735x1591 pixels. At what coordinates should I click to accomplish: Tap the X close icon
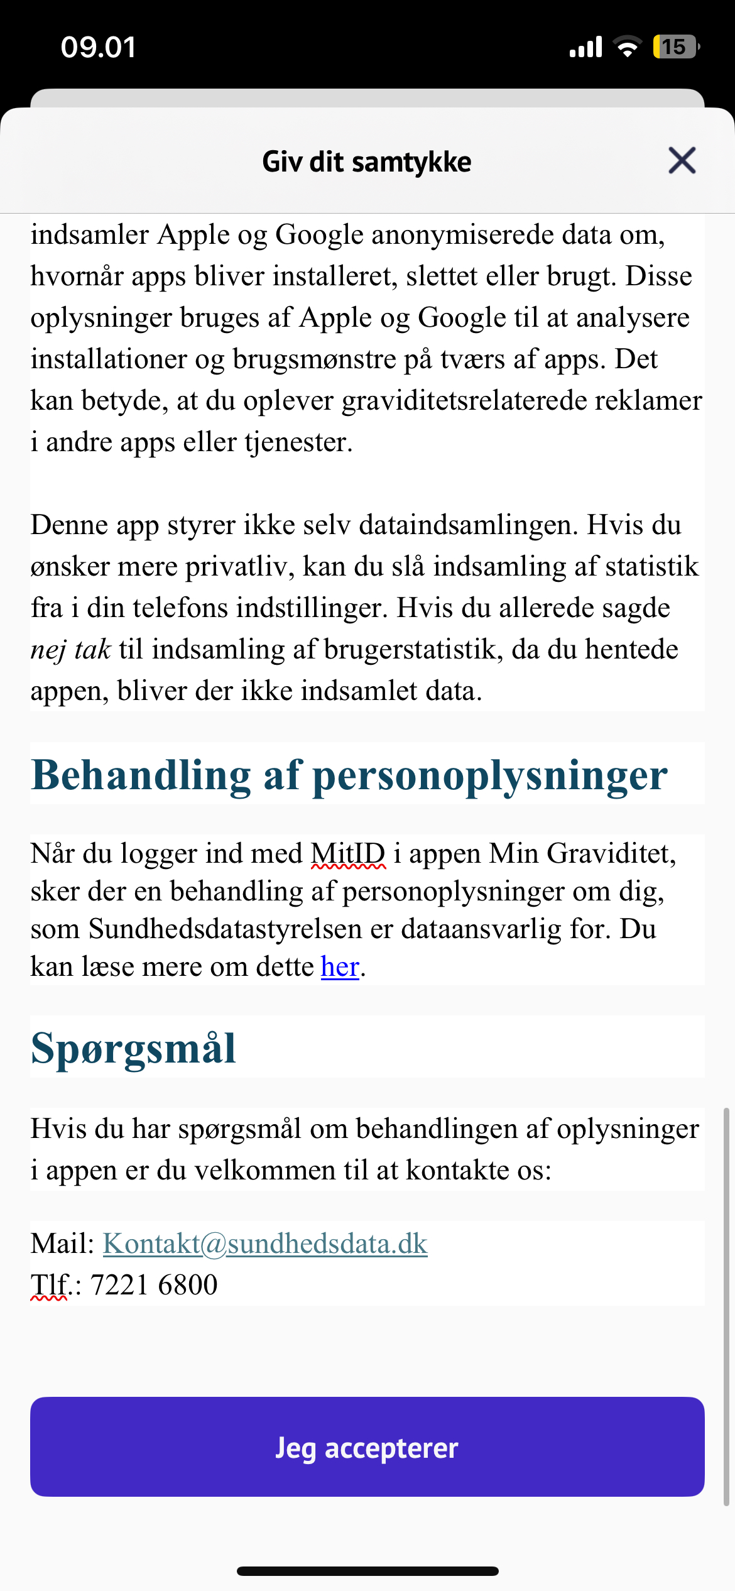click(682, 160)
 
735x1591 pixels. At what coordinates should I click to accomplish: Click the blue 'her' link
click(340, 966)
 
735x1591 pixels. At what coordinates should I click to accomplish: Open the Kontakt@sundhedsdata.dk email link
click(265, 1244)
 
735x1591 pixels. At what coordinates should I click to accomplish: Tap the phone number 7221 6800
click(154, 1285)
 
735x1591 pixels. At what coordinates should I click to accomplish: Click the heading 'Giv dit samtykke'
click(367, 161)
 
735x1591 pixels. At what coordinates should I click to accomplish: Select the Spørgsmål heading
click(133, 1048)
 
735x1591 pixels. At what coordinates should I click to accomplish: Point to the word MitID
click(348, 854)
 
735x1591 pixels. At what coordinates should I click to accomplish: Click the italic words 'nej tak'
click(70, 649)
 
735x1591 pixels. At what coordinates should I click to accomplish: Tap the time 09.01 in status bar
click(99, 47)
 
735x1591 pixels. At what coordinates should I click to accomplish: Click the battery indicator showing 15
click(675, 46)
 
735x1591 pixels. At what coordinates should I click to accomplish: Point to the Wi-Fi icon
click(627, 46)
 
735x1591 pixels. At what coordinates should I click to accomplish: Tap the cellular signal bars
click(585, 47)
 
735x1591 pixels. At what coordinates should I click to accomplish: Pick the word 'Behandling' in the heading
click(141, 775)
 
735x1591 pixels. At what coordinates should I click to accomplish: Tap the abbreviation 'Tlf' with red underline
click(50, 1285)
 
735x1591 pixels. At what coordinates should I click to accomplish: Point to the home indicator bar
click(367, 1572)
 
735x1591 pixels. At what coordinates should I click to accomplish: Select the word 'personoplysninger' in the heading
click(489, 775)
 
